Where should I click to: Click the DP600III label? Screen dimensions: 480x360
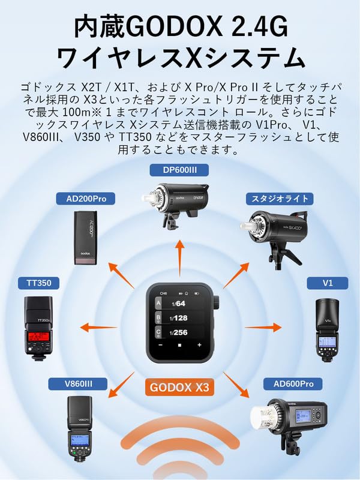point(180,170)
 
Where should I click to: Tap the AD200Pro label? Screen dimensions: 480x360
point(85,198)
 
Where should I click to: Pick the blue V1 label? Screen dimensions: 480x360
point(328,282)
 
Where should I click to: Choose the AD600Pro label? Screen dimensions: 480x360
point(290,383)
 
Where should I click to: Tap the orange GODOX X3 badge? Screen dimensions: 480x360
point(180,388)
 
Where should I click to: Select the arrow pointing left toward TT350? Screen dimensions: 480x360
point(99,328)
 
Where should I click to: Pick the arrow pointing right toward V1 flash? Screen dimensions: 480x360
point(262,328)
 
